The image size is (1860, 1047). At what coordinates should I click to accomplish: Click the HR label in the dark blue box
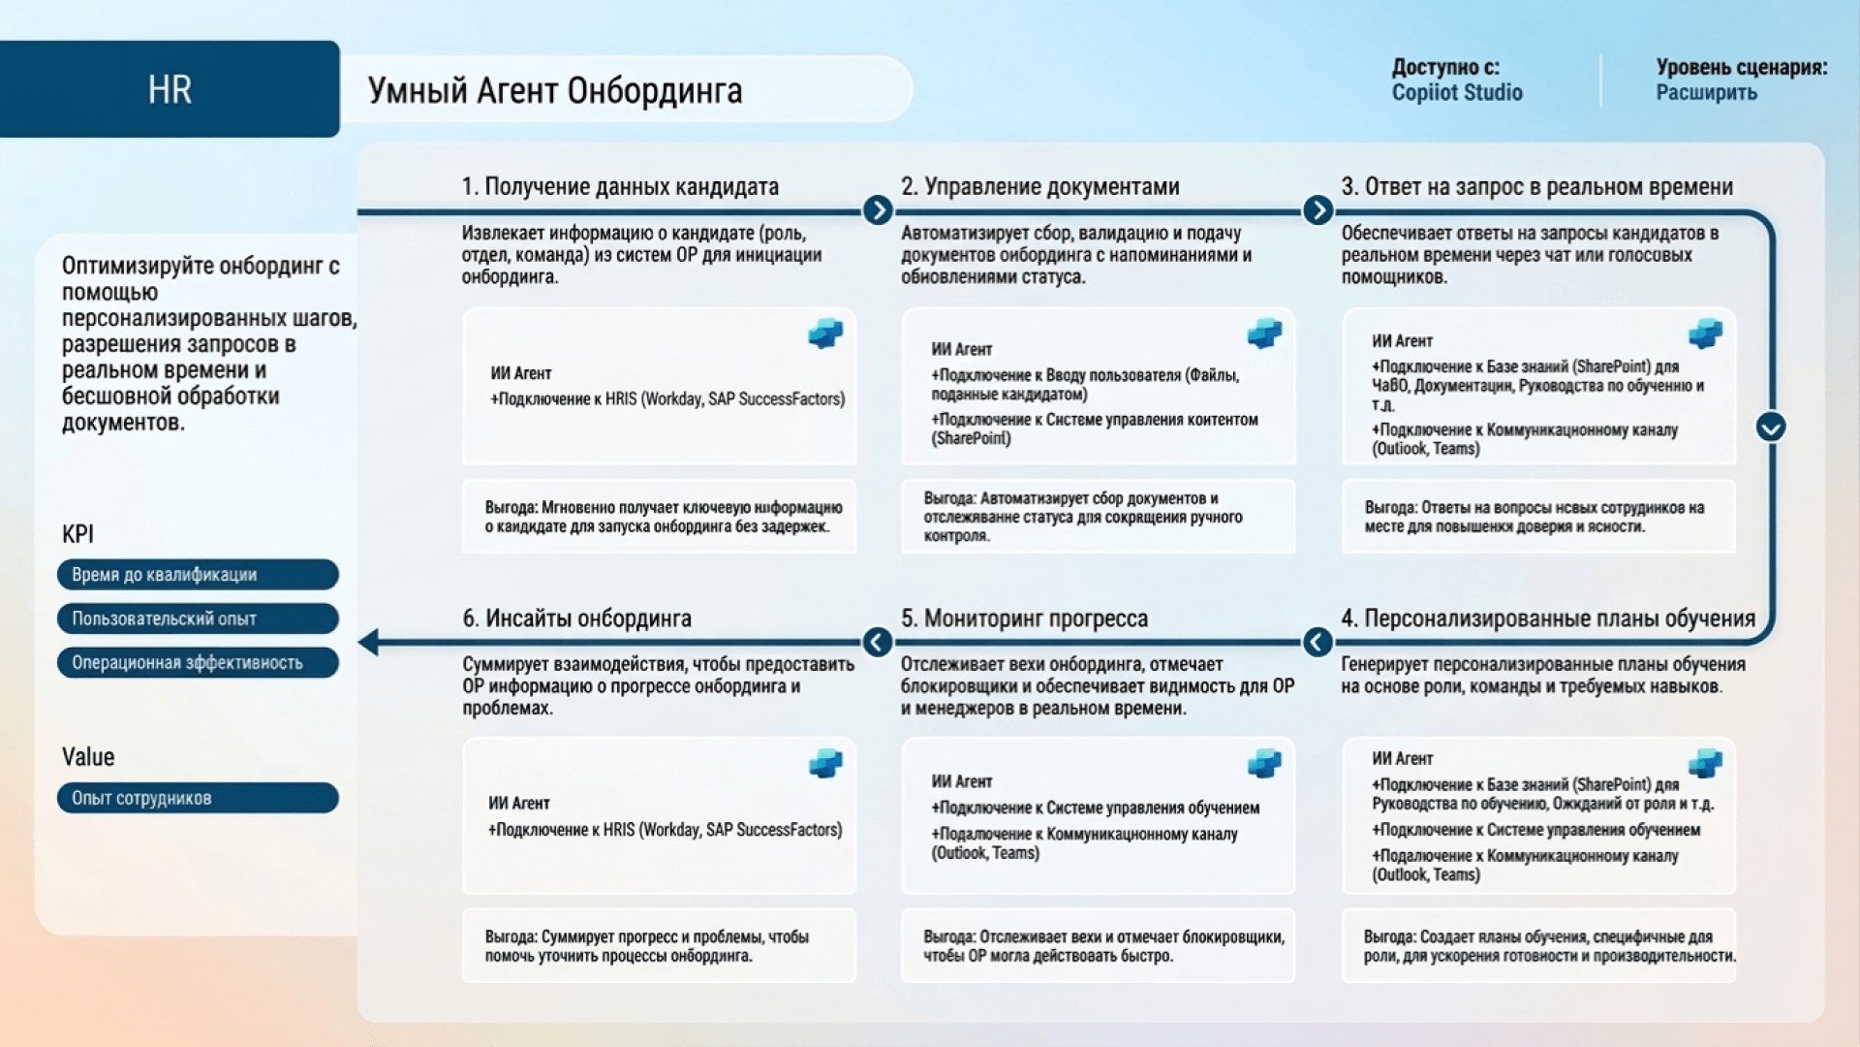170,89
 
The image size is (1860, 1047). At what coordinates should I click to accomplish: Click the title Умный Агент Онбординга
554,90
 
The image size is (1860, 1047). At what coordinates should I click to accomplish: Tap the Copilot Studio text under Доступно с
1456,93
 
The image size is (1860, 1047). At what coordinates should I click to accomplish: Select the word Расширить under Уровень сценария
1705,93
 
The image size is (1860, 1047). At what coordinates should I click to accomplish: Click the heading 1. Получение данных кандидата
620,186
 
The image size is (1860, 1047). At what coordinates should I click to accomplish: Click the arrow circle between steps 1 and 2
878,210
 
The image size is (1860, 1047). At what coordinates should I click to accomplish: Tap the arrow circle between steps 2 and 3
1317,210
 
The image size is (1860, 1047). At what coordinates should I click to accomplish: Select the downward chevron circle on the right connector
1771,427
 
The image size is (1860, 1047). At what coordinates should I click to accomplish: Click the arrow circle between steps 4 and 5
1317,642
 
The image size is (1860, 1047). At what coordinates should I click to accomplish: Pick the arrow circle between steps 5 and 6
878,642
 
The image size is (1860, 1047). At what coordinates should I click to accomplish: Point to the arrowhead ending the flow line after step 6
368,642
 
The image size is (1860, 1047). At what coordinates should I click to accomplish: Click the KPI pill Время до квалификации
198,575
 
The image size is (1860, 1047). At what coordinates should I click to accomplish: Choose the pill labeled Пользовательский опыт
198,619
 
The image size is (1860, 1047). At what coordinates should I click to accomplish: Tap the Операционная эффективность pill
198,663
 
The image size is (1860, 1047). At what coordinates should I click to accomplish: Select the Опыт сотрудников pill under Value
198,798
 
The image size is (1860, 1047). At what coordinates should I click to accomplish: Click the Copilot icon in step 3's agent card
1705,334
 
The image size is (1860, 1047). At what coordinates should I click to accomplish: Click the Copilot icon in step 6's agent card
825,764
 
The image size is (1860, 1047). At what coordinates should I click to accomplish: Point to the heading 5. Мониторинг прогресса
1024,619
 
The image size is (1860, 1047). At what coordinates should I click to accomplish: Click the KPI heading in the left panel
77,534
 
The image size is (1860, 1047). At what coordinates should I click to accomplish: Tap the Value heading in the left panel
88,757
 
